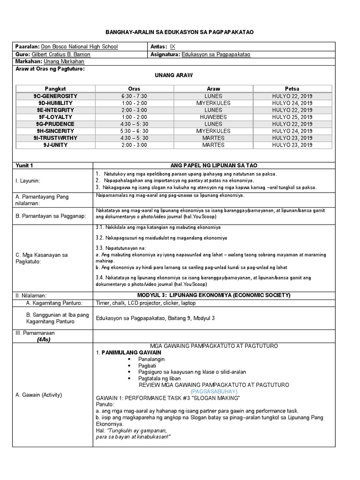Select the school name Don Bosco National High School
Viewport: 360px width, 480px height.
(x=80, y=47)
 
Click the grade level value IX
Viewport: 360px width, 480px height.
(x=172, y=47)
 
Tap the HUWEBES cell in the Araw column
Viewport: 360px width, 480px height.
(x=213, y=117)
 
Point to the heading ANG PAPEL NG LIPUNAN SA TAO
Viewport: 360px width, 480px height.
(x=213, y=165)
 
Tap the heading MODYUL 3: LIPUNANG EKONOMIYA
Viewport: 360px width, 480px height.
(x=213, y=295)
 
